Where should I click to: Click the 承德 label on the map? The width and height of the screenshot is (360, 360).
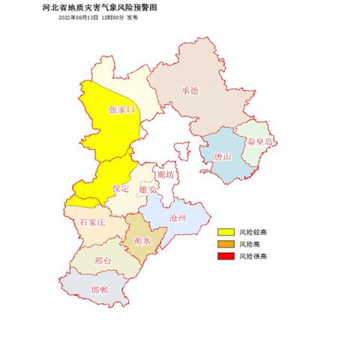pyautogui.click(x=190, y=90)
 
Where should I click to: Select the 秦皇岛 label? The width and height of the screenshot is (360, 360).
pyautogui.click(x=258, y=140)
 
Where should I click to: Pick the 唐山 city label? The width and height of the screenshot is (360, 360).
pyautogui.click(x=223, y=156)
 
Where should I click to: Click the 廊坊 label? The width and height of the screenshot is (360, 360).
pyautogui.click(x=166, y=174)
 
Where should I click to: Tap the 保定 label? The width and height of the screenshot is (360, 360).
pyautogui.click(x=121, y=189)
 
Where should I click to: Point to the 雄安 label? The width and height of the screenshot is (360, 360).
pyautogui.click(x=148, y=190)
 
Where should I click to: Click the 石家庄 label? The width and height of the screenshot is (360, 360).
pyautogui.click(x=92, y=223)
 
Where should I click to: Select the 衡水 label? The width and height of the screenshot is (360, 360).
pyautogui.click(x=142, y=241)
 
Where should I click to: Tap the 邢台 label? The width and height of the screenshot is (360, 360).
pyautogui.click(x=104, y=261)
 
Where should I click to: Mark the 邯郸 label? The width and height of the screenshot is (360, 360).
pyautogui.click(x=98, y=289)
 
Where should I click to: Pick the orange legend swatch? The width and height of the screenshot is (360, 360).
pyautogui.click(x=226, y=244)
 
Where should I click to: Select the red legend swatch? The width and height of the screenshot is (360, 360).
pyautogui.click(x=226, y=256)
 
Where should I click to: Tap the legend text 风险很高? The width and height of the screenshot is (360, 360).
pyautogui.click(x=252, y=256)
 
